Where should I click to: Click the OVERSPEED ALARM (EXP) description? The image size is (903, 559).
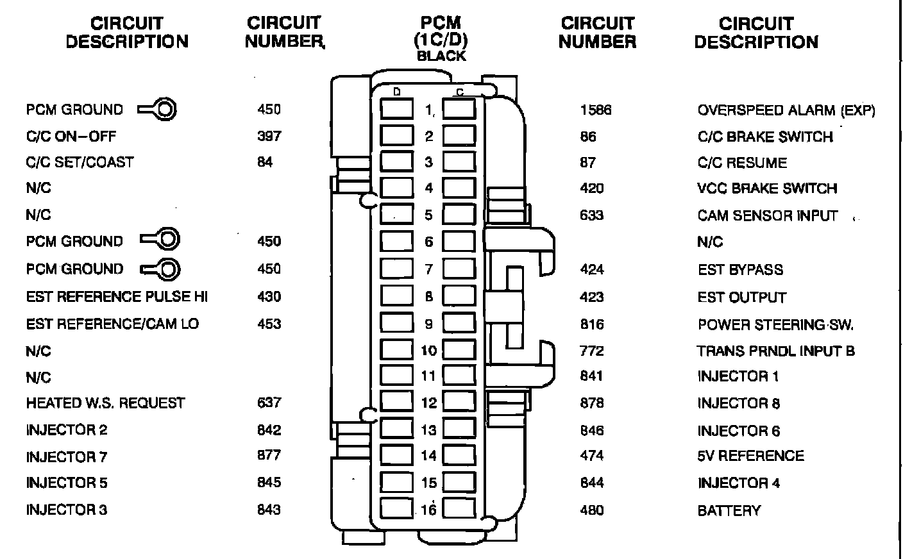[x=786, y=110]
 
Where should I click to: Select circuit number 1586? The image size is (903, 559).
[x=595, y=110]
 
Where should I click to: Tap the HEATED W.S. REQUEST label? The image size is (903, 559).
[x=105, y=403]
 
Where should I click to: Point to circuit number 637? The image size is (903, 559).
[x=269, y=403]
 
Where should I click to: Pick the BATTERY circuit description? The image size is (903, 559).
[x=729, y=511]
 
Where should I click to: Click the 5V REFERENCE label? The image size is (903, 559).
[x=750, y=456]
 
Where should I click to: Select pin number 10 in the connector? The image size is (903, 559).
[x=428, y=351]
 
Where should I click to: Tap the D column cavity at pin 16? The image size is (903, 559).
[x=396, y=508]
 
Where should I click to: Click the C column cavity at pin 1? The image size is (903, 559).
[x=460, y=109]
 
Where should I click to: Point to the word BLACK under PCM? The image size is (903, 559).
[x=441, y=56]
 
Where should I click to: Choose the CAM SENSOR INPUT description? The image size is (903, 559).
[x=767, y=215]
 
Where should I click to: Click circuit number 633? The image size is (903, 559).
[x=591, y=215]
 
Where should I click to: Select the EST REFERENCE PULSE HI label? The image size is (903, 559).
[x=117, y=297]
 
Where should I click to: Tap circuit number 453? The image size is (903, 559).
[x=269, y=324]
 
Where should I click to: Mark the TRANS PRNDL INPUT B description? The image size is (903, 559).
[x=776, y=351]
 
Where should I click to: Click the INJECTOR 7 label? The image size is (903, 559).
[x=66, y=457]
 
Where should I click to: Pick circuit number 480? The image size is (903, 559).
[x=591, y=510]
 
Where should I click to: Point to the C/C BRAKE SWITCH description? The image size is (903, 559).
[x=764, y=137]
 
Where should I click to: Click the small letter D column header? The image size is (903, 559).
[x=397, y=92]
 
